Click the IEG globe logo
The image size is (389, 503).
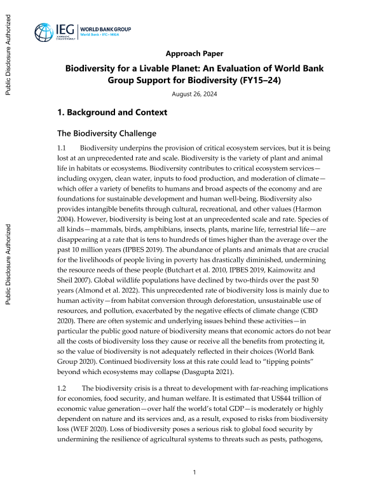coord(45,32)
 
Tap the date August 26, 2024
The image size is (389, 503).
coord(194,94)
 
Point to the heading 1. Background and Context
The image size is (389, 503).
coord(112,112)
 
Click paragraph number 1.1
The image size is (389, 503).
coord(62,148)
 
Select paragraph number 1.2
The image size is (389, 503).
coord(62,389)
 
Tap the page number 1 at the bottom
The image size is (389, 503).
coord(194,473)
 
